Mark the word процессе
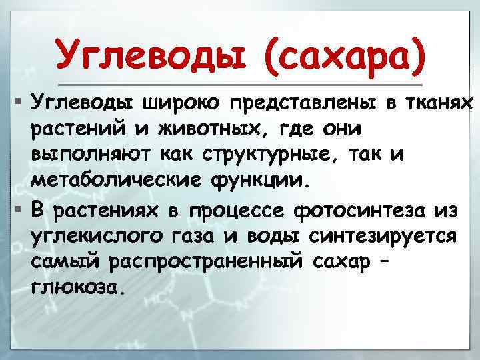(x=237, y=212)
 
